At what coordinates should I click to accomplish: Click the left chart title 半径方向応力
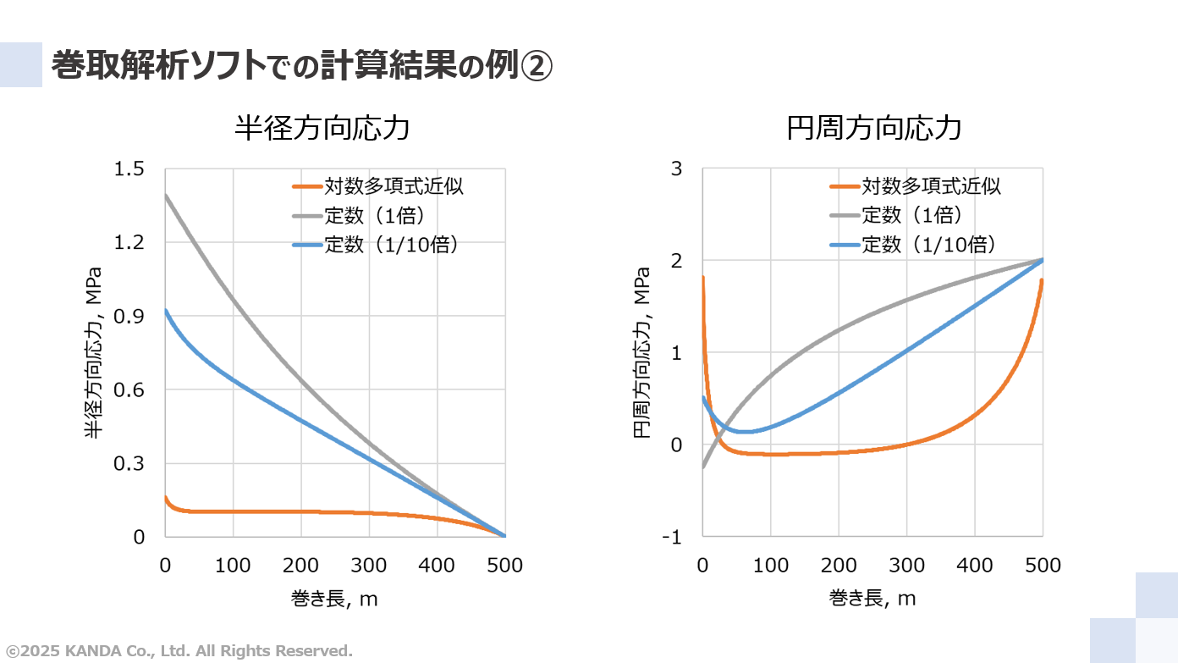click(322, 128)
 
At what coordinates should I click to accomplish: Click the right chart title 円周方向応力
click(874, 128)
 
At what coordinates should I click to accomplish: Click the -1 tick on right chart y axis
click(672, 537)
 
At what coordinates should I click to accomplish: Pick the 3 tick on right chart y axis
click(676, 169)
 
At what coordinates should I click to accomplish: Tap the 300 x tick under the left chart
click(369, 565)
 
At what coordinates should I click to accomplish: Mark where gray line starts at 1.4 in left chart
click(166, 195)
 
